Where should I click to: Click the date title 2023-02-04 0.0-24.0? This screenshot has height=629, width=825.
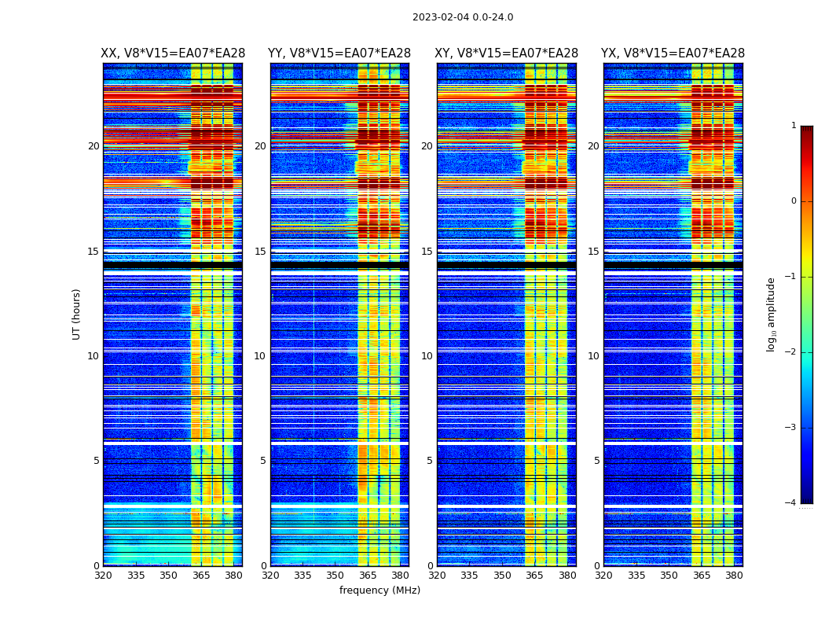(x=463, y=17)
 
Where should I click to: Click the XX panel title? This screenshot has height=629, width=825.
(x=173, y=53)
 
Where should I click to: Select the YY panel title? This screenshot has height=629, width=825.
(x=339, y=53)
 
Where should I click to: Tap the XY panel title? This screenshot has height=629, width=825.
(x=507, y=53)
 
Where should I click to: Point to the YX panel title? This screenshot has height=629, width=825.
(x=673, y=53)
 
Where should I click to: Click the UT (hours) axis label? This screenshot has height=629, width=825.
(x=77, y=314)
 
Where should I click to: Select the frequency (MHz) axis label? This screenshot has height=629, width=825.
(x=379, y=590)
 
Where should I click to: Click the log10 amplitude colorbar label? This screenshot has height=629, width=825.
(x=771, y=314)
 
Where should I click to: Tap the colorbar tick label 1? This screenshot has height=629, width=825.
(x=793, y=126)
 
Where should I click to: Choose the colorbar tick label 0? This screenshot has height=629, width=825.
(x=793, y=201)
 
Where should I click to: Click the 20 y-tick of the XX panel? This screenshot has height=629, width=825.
(x=93, y=146)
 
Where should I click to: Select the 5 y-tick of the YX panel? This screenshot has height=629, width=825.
(x=596, y=461)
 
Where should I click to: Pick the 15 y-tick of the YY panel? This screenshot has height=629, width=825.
(x=260, y=252)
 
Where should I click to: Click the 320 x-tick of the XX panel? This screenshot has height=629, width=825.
(x=103, y=576)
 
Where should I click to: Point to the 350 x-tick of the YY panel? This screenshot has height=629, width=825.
(x=335, y=576)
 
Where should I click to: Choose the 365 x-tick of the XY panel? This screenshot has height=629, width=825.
(x=534, y=576)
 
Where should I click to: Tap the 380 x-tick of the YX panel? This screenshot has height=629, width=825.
(x=734, y=576)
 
